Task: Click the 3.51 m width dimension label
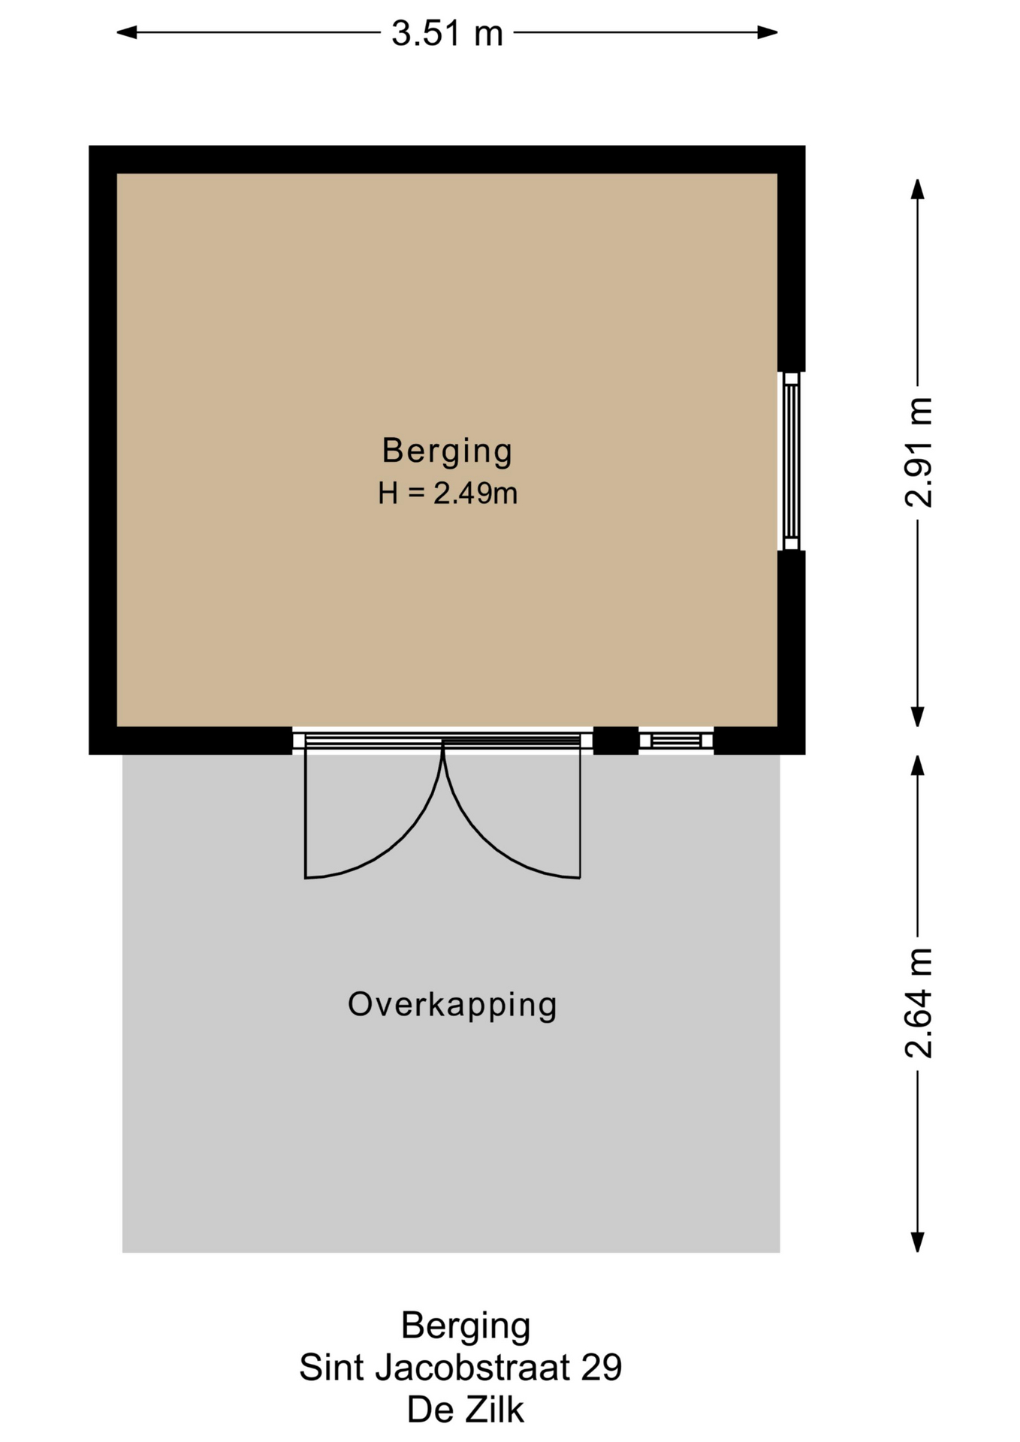coord(447,33)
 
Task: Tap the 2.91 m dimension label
coord(918,453)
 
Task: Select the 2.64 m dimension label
coord(918,1003)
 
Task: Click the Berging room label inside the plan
coord(447,451)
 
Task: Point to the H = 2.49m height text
coord(448,493)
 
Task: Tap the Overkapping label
coord(452,1005)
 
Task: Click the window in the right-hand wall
coord(791,461)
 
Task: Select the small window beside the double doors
coord(676,741)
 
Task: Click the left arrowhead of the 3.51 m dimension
coord(126,32)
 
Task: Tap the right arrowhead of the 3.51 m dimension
coord(768,32)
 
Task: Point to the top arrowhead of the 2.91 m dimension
coord(917,189)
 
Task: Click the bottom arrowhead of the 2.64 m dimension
coord(917,1242)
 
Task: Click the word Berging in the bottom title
coord(466,1326)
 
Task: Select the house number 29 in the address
coord(602,1368)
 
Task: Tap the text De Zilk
coord(466,1410)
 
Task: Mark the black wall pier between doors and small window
coord(616,741)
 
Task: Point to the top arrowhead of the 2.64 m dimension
coord(917,766)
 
